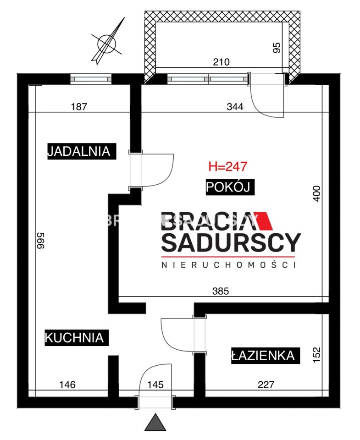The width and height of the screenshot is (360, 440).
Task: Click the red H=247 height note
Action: click(x=228, y=166)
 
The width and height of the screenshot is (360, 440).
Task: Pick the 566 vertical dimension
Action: click(x=41, y=241)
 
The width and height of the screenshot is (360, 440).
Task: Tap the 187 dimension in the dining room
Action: click(x=79, y=107)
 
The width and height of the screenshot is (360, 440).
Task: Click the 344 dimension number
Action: click(x=235, y=107)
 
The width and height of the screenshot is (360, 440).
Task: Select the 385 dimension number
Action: click(x=221, y=291)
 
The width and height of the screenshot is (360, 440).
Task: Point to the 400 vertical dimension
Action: click(x=316, y=193)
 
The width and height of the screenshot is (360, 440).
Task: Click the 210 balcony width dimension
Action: click(x=222, y=62)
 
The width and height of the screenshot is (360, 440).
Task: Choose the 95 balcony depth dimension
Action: click(x=277, y=47)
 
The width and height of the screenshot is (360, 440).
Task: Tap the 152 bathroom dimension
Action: click(x=316, y=355)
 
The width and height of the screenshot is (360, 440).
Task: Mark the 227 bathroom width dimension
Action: click(x=266, y=385)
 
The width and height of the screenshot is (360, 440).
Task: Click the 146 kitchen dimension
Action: click(x=67, y=385)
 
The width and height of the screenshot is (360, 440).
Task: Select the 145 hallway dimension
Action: click(x=155, y=385)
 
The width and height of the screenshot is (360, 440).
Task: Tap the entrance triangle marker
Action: click(x=155, y=422)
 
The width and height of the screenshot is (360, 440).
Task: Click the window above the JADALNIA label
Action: click(x=91, y=79)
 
